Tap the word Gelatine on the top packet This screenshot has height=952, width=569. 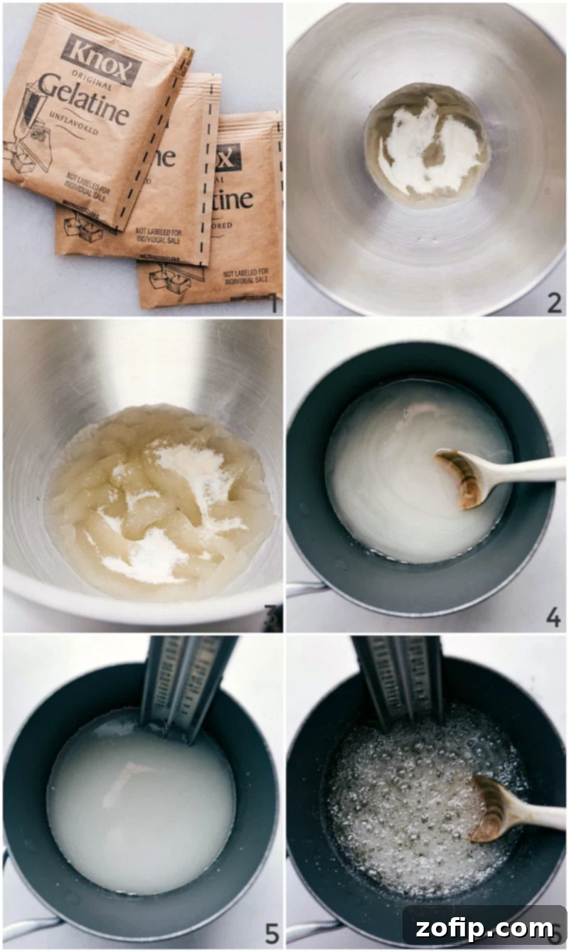tap(83, 107)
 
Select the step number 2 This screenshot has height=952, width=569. tap(554, 303)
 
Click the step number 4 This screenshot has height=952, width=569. tap(553, 617)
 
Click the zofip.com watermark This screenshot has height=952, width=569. tap(484, 928)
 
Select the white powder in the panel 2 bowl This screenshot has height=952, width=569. tap(427, 146)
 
